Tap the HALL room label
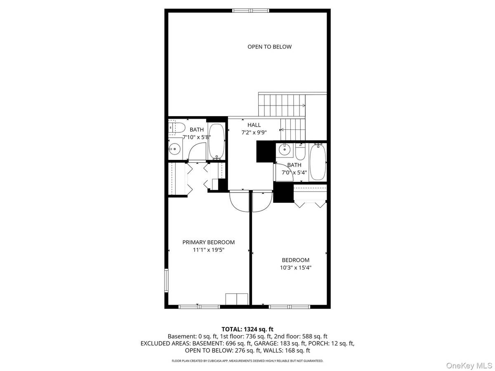[254, 125]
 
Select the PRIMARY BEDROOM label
[208, 242]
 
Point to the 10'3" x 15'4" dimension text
[295, 268]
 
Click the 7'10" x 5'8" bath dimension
[197, 137]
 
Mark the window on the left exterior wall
[167, 281]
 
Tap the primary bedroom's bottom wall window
[199, 306]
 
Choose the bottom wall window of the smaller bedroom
[289, 306]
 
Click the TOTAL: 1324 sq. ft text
[247, 329]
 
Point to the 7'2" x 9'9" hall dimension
[254, 133]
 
